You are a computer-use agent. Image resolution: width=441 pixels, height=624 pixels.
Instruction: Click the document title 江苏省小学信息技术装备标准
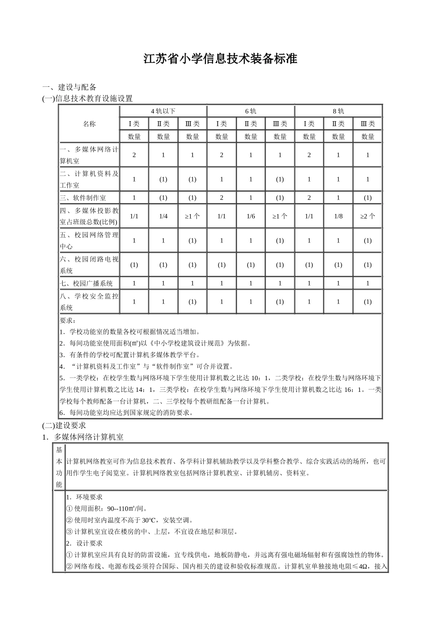click(220, 60)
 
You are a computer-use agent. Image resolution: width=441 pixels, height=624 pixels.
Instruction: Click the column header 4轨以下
click(163, 111)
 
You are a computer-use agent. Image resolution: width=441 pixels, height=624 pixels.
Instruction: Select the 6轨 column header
click(251, 111)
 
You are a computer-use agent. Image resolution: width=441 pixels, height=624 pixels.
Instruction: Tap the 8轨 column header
click(338, 111)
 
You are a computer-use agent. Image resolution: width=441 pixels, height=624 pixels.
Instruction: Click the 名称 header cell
click(89, 124)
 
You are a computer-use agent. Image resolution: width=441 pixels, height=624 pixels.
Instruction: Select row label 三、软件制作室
click(83, 198)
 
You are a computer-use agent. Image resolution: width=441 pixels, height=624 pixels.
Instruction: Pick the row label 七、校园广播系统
click(86, 283)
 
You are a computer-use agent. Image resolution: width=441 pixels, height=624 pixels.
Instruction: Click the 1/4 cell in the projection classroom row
click(163, 216)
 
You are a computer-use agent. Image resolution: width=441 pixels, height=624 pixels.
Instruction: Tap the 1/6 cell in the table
click(251, 216)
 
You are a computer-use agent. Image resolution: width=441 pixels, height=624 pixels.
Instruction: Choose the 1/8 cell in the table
click(338, 216)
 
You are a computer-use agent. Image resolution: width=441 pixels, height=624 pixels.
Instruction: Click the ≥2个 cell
click(368, 216)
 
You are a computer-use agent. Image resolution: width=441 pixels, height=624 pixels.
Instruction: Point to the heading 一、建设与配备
click(70, 87)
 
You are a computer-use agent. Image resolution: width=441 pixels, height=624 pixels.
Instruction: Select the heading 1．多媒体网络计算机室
click(89, 437)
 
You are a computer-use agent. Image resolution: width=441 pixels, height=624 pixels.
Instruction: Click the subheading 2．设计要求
click(84, 543)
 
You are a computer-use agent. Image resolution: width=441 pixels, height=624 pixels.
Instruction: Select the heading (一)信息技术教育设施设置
click(87, 98)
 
